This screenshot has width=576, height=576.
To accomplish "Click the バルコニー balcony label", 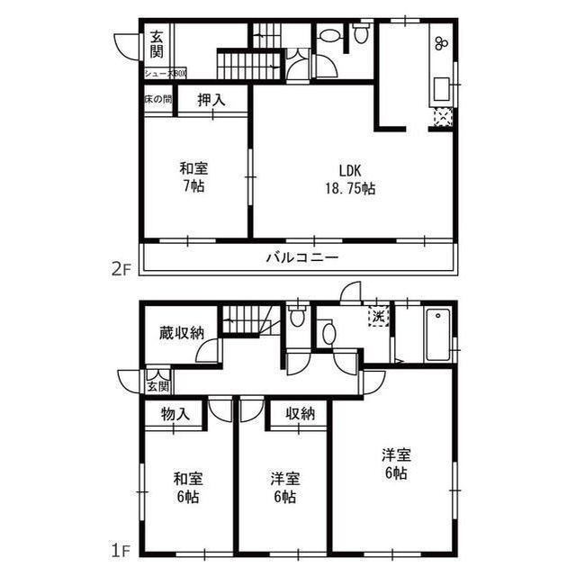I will tap(301, 258).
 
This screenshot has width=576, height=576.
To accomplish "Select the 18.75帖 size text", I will tap(350, 189).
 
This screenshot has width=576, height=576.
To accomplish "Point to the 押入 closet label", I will tap(211, 101).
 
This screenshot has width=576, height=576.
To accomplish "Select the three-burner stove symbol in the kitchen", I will tap(441, 42).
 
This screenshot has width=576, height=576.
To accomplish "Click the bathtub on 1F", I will tap(437, 333).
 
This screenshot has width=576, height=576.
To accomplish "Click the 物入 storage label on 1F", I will tap(175, 414).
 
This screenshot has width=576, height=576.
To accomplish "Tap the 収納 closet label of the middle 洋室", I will tap(301, 414).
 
